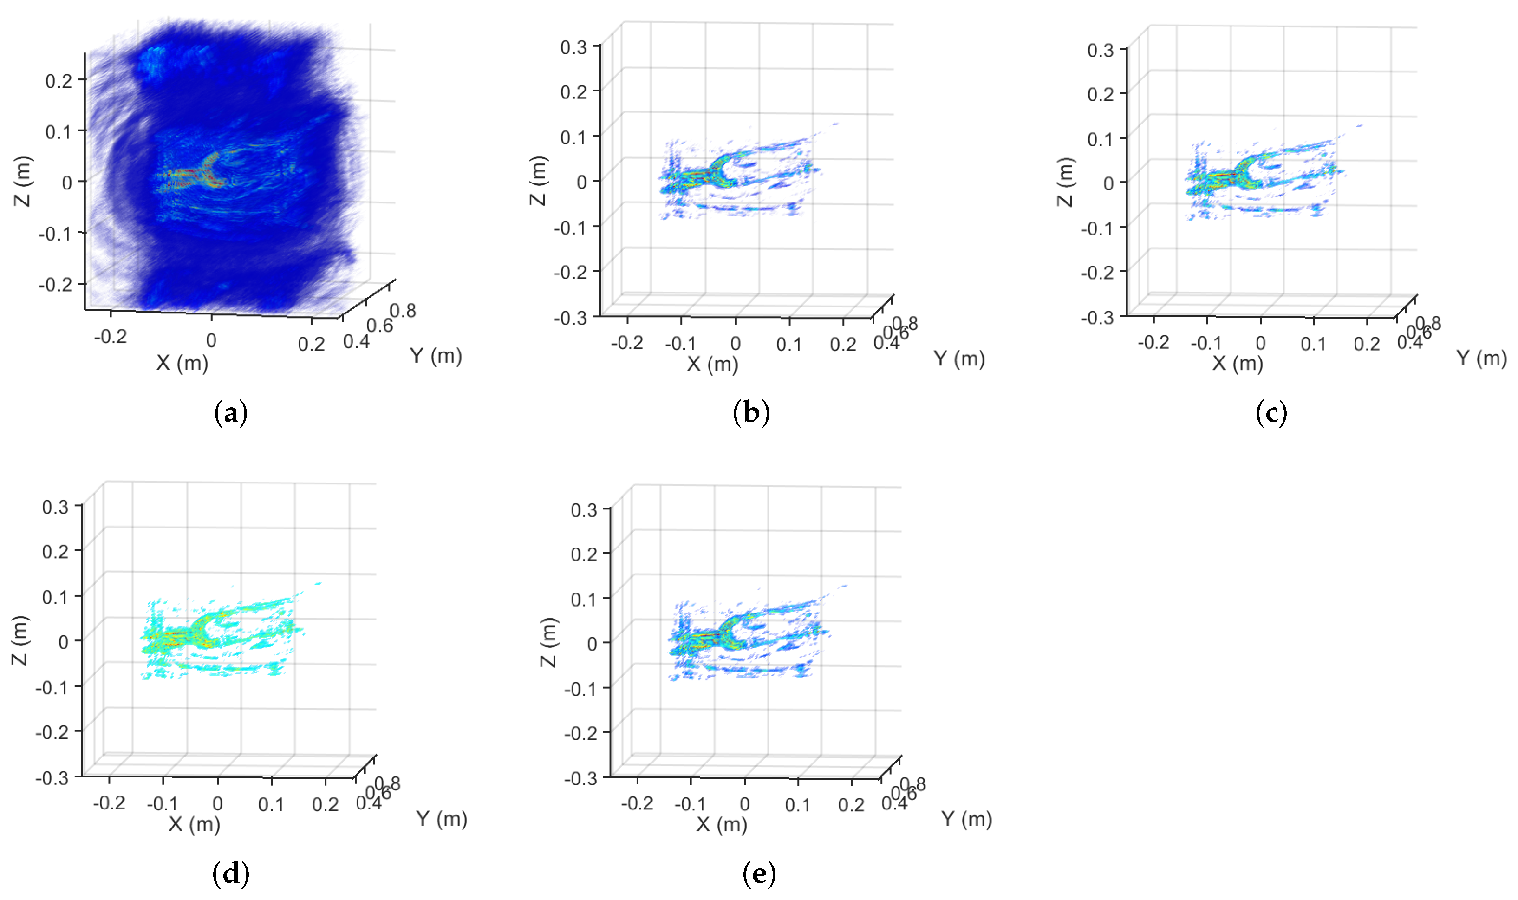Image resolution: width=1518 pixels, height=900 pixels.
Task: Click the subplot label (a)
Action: coord(231,414)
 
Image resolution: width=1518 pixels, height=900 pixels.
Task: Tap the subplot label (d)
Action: coord(231,874)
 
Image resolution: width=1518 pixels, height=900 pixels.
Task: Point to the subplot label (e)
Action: coord(758,874)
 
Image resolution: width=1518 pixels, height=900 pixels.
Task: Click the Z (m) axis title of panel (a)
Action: coord(23,181)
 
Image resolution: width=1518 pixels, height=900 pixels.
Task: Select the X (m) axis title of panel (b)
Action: coord(712,364)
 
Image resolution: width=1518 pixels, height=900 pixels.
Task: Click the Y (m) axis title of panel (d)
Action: coord(442,819)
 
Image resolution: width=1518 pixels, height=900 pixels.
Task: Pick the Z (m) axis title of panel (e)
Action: coord(548,642)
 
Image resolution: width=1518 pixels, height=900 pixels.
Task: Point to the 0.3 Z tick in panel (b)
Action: coord(573,47)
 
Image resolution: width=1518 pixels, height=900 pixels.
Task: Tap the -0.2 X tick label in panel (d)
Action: coord(109,803)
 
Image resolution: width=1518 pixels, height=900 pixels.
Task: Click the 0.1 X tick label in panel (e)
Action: coord(797,805)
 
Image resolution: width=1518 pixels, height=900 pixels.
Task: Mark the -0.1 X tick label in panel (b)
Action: coord(680,344)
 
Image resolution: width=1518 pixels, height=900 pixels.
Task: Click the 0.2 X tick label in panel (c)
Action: coord(1367,344)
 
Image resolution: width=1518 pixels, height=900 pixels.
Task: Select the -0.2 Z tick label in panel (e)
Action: coord(581,733)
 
